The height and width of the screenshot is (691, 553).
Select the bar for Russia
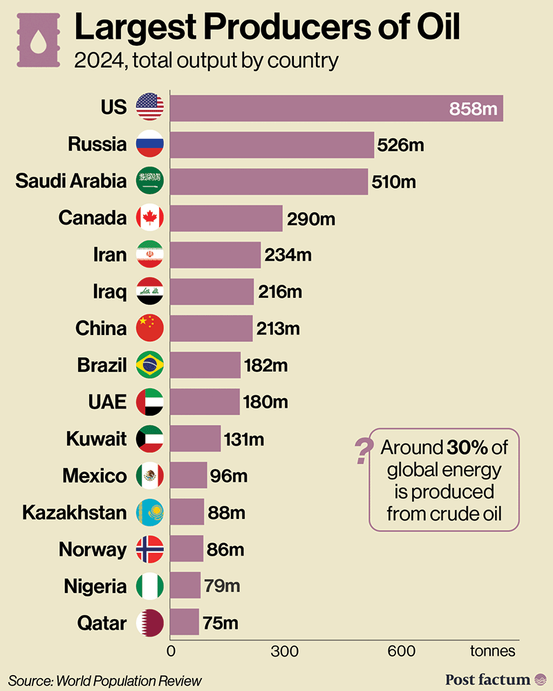click(x=272, y=144)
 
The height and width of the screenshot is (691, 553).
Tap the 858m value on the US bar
click(x=474, y=108)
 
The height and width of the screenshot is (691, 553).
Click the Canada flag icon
click(x=150, y=218)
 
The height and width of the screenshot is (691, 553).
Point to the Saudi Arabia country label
click(x=71, y=181)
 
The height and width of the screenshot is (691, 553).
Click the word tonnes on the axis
click(x=493, y=651)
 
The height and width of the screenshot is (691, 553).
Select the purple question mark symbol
click(x=361, y=452)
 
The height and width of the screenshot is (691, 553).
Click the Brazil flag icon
click(x=150, y=365)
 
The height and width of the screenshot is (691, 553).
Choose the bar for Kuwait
click(x=195, y=438)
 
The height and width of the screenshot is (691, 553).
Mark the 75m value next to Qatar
click(x=221, y=623)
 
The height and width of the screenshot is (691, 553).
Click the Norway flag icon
click(x=150, y=549)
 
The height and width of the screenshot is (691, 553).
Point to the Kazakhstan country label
click(x=75, y=513)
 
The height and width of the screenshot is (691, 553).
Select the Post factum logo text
click(x=488, y=679)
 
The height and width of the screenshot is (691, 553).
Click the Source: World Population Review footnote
click(x=105, y=680)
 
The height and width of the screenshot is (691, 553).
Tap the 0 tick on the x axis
click(x=171, y=651)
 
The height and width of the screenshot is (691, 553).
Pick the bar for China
click(x=211, y=328)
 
